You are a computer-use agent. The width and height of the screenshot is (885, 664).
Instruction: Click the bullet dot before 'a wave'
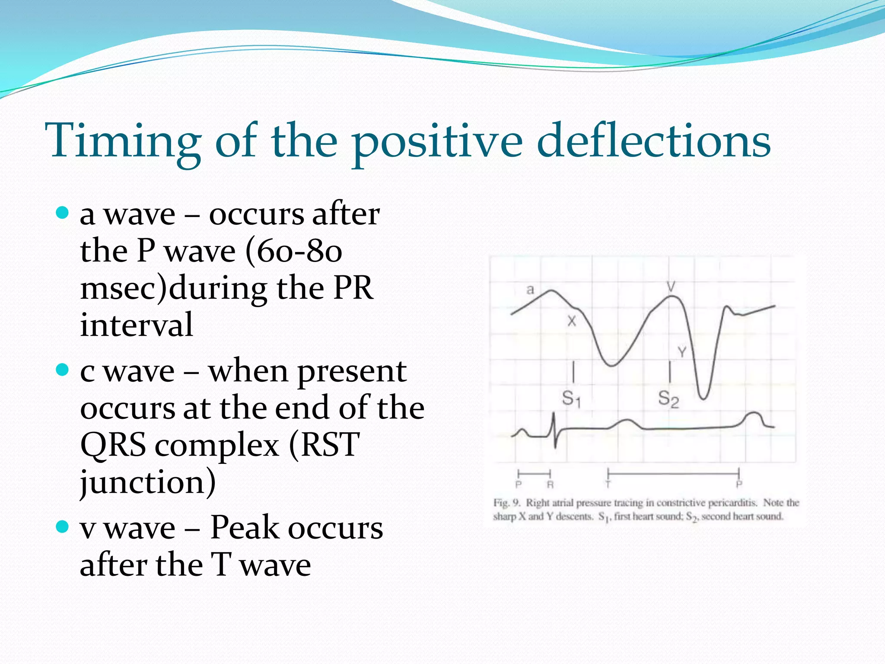(63, 213)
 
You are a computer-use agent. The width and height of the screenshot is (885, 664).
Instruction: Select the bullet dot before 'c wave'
(63, 370)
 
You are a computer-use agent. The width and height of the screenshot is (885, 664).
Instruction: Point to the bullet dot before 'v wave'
(63, 527)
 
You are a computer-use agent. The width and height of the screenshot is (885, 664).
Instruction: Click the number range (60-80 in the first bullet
(293, 251)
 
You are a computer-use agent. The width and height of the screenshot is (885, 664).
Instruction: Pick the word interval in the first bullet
(136, 325)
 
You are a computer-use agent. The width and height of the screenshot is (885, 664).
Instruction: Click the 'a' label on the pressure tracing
(530, 290)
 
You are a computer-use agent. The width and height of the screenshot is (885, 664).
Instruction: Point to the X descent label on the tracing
(572, 321)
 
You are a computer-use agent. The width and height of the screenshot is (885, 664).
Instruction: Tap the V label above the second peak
(671, 286)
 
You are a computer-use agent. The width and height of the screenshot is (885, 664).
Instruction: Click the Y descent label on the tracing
(682, 352)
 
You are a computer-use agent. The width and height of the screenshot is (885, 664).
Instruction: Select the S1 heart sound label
(571, 398)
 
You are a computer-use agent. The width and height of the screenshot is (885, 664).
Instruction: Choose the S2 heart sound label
(668, 398)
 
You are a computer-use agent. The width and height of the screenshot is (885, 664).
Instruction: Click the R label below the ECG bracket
(550, 485)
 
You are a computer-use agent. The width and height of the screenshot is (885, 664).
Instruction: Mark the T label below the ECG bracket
(608, 485)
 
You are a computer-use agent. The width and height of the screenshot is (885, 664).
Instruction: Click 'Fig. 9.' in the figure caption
(507, 503)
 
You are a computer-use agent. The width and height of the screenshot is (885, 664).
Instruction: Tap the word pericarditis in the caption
(732, 503)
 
